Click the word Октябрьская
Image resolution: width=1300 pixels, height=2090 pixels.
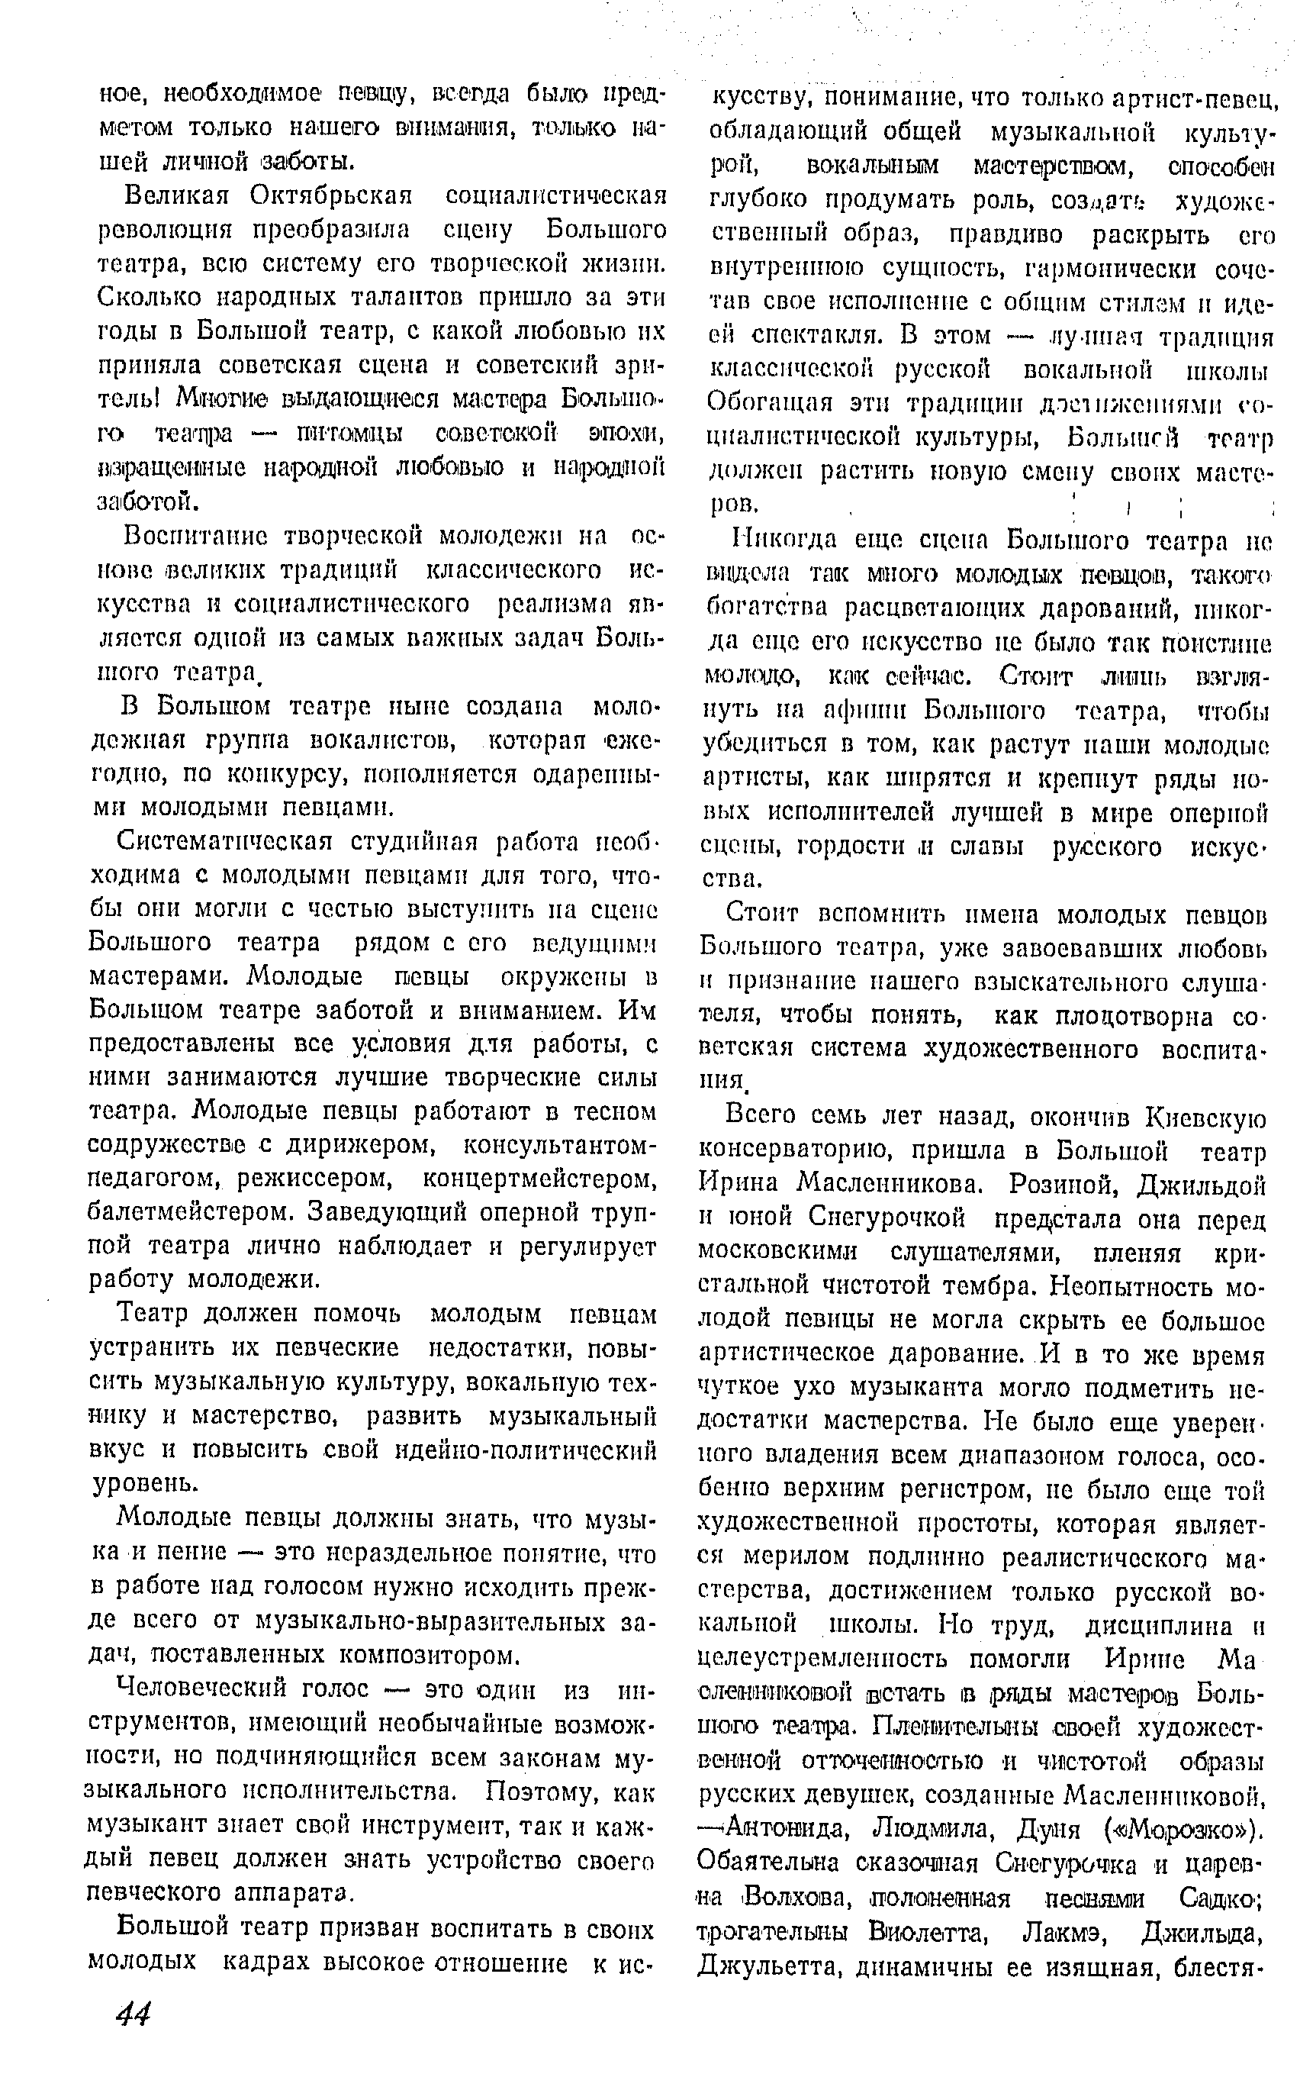click(331, 195)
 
